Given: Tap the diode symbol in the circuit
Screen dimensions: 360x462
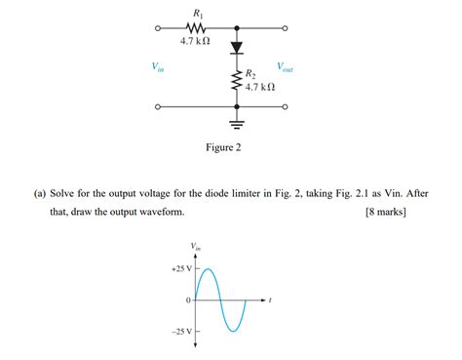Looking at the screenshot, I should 235,47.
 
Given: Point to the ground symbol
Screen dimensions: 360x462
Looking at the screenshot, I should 235,122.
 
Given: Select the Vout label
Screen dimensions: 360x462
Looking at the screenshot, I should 286,67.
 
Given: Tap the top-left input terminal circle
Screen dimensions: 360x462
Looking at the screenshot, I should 158,27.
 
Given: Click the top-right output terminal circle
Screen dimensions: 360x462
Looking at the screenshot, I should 286,27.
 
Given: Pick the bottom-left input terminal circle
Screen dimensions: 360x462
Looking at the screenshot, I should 158,107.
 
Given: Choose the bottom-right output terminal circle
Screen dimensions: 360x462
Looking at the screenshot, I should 286,107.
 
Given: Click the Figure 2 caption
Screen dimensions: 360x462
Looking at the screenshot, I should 222,148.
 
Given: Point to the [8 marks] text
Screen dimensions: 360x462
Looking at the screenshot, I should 384,211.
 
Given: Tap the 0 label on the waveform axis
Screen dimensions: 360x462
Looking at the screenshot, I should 187,300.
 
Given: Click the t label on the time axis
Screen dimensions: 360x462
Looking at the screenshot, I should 270,300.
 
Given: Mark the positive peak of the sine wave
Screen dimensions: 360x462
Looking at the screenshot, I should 208,267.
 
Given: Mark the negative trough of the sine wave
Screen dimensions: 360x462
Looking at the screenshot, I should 233,332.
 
